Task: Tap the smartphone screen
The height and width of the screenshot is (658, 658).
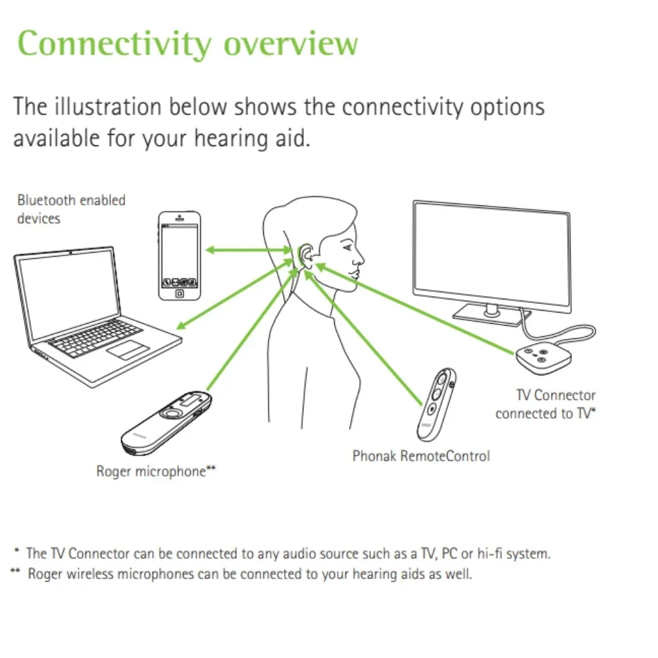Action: click(x=180, y=253)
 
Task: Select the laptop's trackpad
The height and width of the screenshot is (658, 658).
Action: click(x=128, y=348)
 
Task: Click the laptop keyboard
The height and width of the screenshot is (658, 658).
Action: click(x=95, y=336)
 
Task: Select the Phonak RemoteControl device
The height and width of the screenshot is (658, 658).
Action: click(x=435, y=403)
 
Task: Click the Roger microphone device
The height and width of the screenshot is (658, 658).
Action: click(x=167, y=422)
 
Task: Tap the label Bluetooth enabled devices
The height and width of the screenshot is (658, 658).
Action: click(x=70, y=209)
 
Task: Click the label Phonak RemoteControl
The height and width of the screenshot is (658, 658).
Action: click(x=421, y=455)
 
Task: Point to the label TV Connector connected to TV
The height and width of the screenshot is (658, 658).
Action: click(x=546, y=404)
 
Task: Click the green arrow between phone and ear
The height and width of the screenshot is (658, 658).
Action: click(x=247, y=249)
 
